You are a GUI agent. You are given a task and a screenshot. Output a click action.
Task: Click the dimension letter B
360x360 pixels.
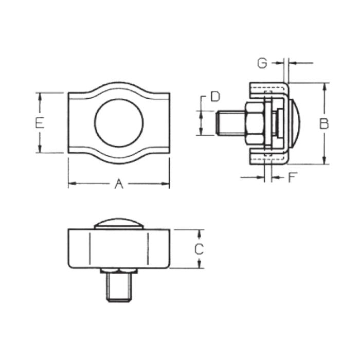(323, 123)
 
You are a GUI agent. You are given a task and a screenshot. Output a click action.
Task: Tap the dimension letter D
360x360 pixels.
(215, 96)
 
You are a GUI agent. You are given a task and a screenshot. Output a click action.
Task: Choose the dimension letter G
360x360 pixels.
(262, 63)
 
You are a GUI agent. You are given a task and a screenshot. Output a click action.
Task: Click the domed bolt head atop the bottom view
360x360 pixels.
(119, 224)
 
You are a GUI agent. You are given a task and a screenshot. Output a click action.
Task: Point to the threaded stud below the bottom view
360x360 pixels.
(119, 288)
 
